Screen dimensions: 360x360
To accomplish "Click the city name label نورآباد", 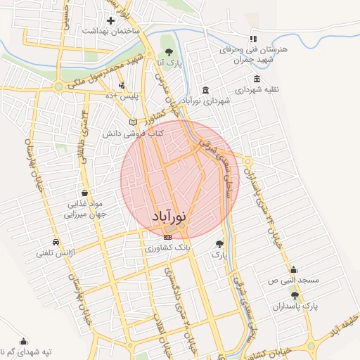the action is coord(169,217).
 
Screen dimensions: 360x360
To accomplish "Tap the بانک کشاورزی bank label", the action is coord(168,248).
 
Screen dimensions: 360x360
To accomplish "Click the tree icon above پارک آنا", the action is coord(169,52).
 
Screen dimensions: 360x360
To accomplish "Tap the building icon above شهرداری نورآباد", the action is coord(205,90).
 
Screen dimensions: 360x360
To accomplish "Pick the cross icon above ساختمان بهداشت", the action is coord(110,20).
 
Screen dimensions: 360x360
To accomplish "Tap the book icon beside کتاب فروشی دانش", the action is coord(133,122).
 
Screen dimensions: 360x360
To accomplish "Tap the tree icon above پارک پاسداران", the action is coord(295,296).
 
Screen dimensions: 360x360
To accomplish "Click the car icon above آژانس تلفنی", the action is coord(56,240).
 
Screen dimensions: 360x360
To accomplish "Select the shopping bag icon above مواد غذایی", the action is coord(84,193).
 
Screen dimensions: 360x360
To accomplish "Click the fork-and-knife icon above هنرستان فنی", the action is coord(253,39).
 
